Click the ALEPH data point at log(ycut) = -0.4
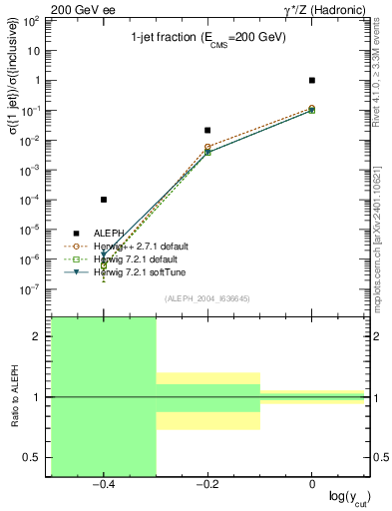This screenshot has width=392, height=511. [104, 200]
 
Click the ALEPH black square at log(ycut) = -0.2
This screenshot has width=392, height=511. [207, 130]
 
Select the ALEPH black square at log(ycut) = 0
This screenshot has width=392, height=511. [312, 80]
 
